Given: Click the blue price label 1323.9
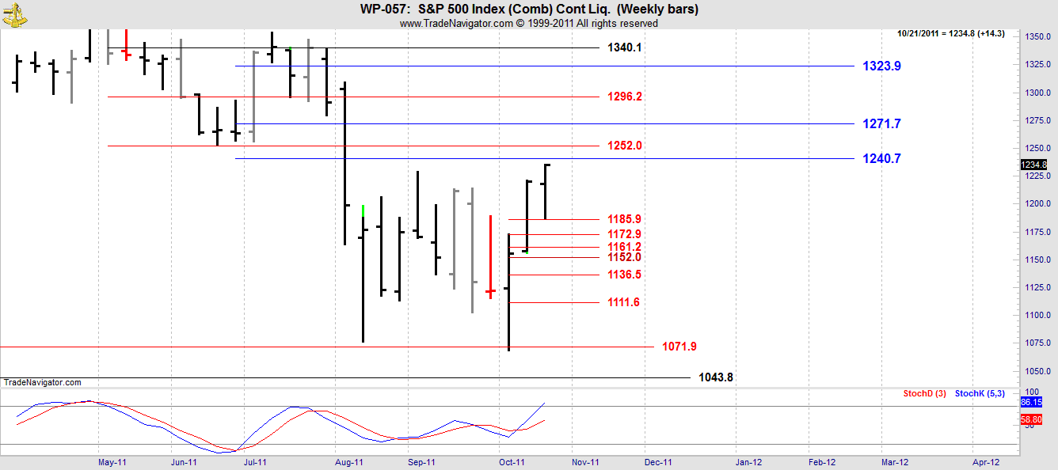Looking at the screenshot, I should pyautogui.click(x=881, y=66).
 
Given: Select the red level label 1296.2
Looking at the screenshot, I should pyautogui.click(x=625, y=97).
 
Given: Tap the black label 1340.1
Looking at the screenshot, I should pyautogui.click(x=625, y=47).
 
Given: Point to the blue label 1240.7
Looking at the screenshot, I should pyautogui.click(x=881, y=159).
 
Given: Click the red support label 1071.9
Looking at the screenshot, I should pyautogui.click(x=679, y=347).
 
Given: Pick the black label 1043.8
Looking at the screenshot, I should pyautogui.click(x=716, y=377).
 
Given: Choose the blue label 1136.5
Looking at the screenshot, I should pyautogui.click(x=625, y=275).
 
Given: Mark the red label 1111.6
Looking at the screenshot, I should pyautogui.click(x=625, y=302).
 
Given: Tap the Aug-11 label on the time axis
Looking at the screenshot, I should pyautogui.click(x=348, y=462).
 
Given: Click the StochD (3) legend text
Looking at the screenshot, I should pyautogui.click(x=923, y=393).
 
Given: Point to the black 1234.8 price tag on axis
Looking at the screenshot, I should pyautogui.click(x=1034, y=165).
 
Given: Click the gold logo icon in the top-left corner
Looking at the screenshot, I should pyautogui.click(x=13, y=13).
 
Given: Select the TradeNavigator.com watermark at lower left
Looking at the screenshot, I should pyautogui.click(x=42, y=382).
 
